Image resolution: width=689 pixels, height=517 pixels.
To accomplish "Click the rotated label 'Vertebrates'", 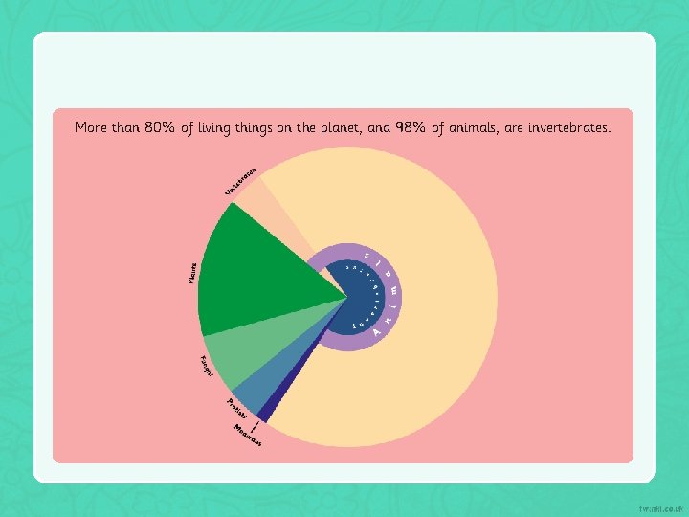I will (x=239, y=181).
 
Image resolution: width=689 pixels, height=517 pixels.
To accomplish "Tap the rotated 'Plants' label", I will (x=192, y=273).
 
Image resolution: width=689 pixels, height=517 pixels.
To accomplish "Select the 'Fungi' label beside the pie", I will (x=206, y=366).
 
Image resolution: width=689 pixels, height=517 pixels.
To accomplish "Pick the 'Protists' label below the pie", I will (x=237, y=408).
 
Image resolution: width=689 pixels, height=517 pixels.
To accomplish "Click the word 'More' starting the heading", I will (x=91, y=127).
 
